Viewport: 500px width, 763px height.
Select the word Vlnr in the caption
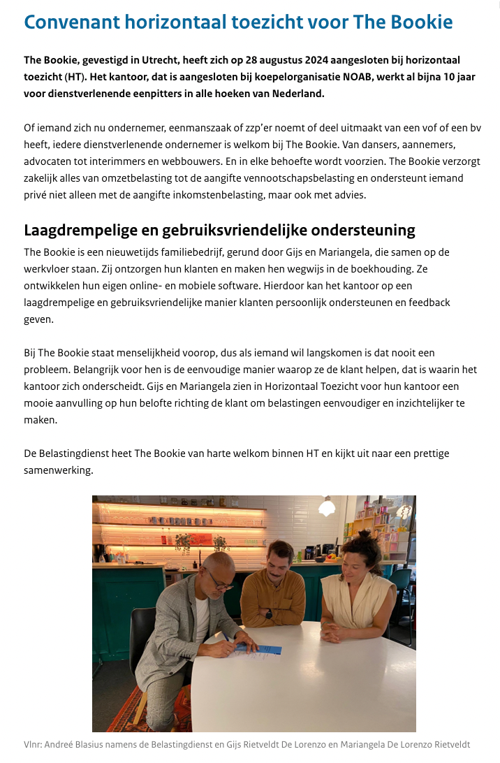coord(32,745)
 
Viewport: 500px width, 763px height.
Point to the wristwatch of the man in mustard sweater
coord(267,614)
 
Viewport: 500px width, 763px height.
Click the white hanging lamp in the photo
coord(328,508)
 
